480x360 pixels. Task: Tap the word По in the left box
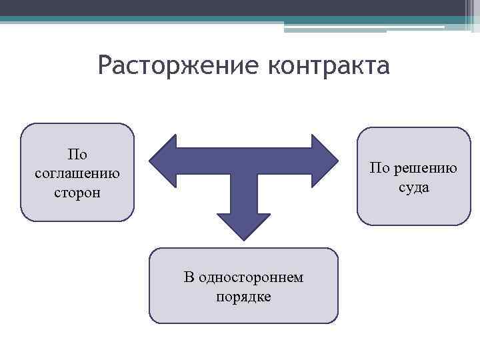tap(77, 155)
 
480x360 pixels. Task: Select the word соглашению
tap(77, 173)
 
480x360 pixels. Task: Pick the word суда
tap(414, 187)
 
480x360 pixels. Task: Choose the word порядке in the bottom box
tap(243, 296)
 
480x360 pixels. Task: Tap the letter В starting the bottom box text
tap(189, 277)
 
